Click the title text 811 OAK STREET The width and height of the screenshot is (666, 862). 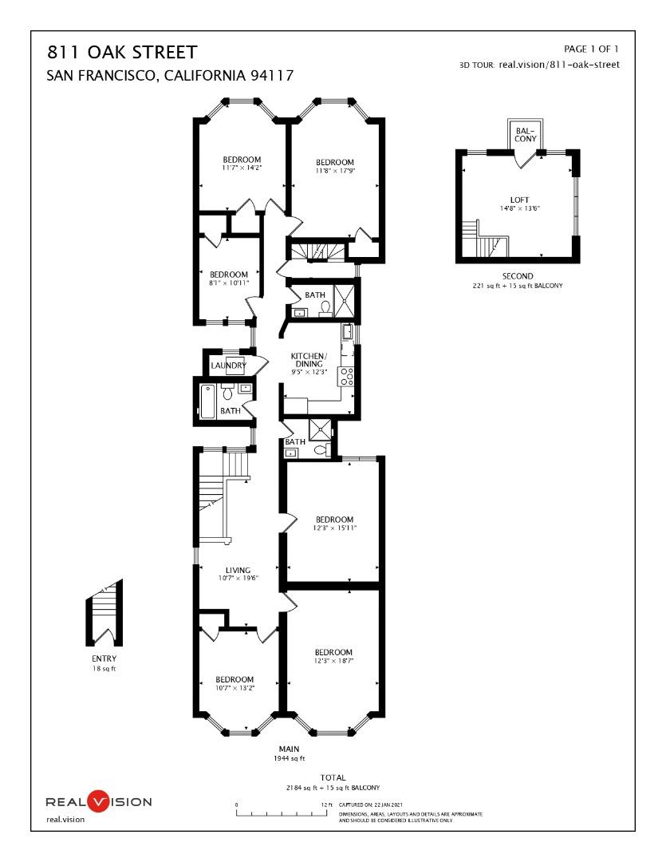point(122,53)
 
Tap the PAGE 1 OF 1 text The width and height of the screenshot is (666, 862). point(590,49)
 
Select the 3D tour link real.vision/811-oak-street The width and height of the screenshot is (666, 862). point(558,65)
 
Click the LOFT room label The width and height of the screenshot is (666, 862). point(519,200)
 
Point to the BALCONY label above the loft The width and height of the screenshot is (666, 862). point(524,133)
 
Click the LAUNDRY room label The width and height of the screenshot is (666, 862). point(227,366)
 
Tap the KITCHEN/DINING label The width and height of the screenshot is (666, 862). point(308,359)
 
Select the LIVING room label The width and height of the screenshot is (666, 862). point(238,570)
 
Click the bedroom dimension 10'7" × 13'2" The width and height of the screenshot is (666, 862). point(234,688)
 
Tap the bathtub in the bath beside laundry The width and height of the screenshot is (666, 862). point(207,401)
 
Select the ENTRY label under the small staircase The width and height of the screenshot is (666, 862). point(104,658)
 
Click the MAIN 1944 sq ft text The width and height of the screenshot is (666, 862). point(289,753)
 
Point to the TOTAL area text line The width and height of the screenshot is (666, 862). point(333,787)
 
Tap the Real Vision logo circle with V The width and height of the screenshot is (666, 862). point(97,801)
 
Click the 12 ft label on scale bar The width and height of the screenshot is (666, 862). point(326,805)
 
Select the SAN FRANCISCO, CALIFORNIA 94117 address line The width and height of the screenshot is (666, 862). point(171,76)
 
